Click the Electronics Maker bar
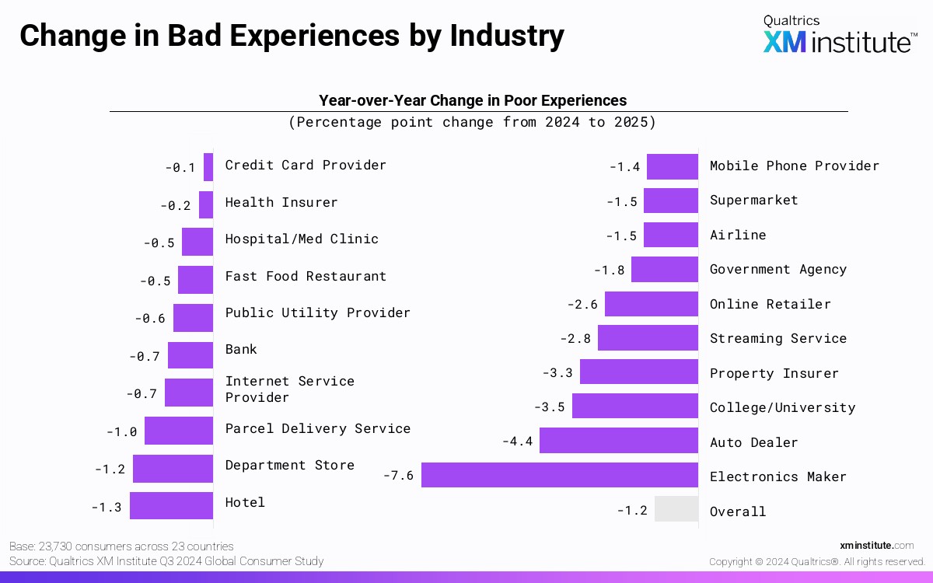click(x=560, y=475)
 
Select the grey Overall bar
click(x=676, y=509)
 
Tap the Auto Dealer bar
click(x=619, y=441)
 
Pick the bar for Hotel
click(x=171, y=505)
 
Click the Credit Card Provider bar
click(x=208, y=166)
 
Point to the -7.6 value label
click(x=398, y=476)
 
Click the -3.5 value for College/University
click(x=549, y=407)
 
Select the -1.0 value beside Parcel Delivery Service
click(x=121, y=432)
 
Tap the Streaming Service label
click(x=777, y=338)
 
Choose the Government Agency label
click(x=777, y=269)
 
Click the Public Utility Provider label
click(x=317, y=312)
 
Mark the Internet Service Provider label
click(x=289, y=389)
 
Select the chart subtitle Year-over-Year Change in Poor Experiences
click(x=472, y=100)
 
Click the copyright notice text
click(x=816, y=561)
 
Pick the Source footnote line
click(x=166, y=561)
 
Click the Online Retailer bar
click(x=652, y=304)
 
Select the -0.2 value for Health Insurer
click(x=176, y=206)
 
